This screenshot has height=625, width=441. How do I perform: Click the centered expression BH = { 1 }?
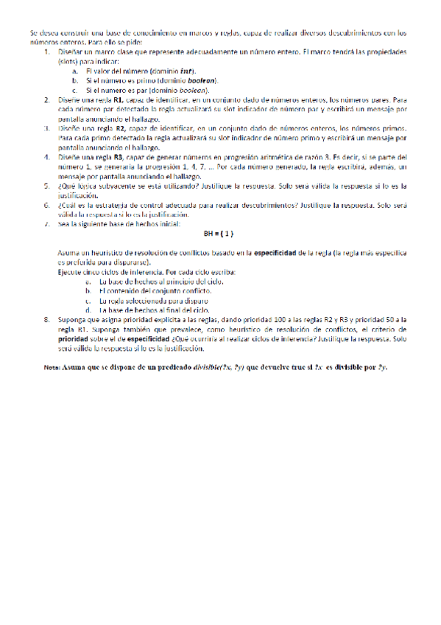[x=218, y=234]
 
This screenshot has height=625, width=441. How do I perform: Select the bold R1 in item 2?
[x=118, y=99]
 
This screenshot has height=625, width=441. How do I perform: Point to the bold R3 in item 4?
[x=118, y=157]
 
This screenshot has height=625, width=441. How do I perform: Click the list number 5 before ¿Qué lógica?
[x=47, y=186]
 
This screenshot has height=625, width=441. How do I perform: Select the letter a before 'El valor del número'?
[x=75, y=71]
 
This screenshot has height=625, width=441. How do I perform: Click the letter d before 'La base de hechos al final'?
[x=88, y=310]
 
